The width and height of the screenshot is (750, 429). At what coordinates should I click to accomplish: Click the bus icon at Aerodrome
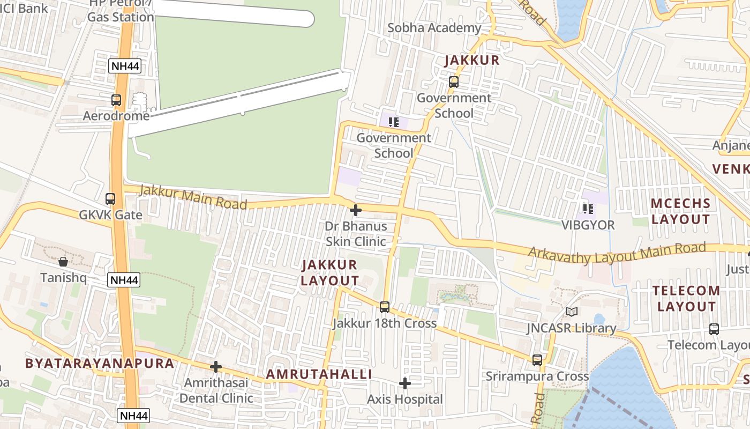pyautogui.click(x=116, y=100)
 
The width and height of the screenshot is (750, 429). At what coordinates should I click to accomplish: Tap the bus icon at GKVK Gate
pyautogui.click(x=110, y=199)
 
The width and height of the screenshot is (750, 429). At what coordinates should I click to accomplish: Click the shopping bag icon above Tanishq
pyautogui.click(x=63, y=262)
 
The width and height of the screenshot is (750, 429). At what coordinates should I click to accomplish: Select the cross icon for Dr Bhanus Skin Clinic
pyautogui.click(x=355, y=210)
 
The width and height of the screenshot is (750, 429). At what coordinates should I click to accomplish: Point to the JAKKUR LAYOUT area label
pyautogui.click(x=329, y=272)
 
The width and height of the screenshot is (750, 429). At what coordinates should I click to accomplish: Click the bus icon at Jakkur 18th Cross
pyautogui.click(x=385, y=307)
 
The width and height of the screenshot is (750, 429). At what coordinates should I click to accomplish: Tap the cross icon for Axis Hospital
pyautogui.click(x=405, y=383)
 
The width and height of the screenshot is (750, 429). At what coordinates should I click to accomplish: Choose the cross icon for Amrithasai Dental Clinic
pyautogui.click(x=216, y=367)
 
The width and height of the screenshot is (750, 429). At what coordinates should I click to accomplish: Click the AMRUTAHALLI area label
pyautogui.click(x=319, y=374)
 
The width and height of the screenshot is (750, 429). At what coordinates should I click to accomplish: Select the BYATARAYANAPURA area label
pyautogui.click(x=100, y=363)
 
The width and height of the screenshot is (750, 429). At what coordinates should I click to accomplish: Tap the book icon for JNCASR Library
pyautogui.click(x=572, y=312)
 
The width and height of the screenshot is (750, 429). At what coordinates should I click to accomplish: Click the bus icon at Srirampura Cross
pyautogui.click(x=537, y=360)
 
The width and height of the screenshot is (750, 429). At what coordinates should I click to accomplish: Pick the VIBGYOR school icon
pyautogui.click(x=588, y=209)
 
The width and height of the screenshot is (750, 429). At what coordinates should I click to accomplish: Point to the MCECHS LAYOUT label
pyautogui.click(x=680, y=211)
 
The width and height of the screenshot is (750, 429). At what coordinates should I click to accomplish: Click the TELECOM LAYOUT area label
pyautogui.click(x=686, y=299)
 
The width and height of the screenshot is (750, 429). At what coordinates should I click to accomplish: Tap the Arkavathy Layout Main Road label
pyautogui.click(x=617, y=252)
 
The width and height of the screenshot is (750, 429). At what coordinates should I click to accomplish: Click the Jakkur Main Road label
pyautogui.click(x=193, y=197)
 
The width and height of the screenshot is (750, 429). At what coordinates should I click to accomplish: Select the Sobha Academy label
pyautogui.click(x=434, y=28)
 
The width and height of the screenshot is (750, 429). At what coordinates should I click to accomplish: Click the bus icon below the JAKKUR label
pyautogui.click(x=454, y=82)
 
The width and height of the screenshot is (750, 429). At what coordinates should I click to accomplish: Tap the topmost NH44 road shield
pyautogui.click(x=124, y=66)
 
